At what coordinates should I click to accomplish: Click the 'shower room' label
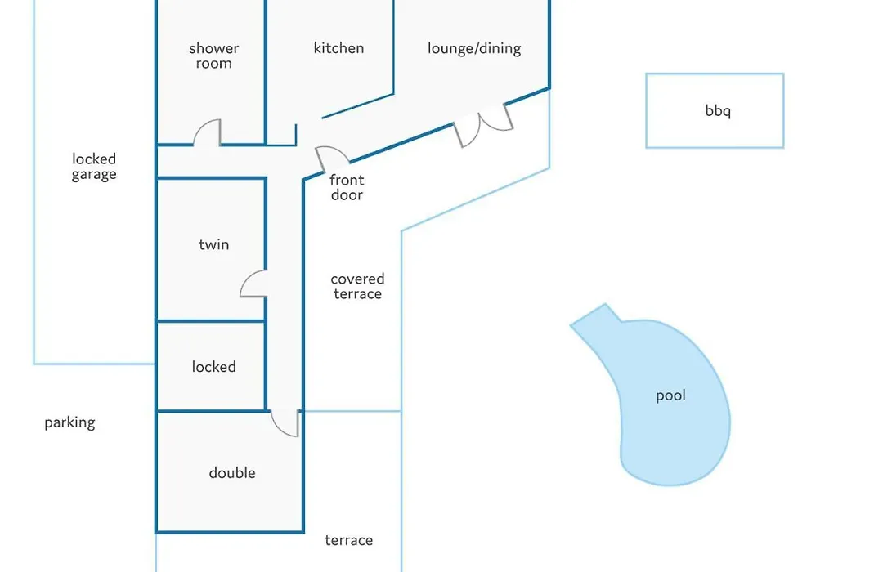point(214,56)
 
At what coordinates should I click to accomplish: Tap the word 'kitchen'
point(338,48)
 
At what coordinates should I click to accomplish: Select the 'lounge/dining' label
point(474,48)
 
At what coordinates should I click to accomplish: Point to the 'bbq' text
point(718,110)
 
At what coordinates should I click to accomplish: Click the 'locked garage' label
point(94,167)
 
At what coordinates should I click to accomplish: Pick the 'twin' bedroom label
point(214,244)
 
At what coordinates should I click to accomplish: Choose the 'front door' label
point(347,187)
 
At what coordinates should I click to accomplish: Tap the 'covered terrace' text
point(357,287)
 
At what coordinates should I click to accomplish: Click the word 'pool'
point(670,395)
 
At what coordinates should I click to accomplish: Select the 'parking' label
point(69,422)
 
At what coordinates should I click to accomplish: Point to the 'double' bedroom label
point(232,473)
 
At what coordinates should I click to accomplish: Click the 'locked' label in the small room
point(214,367)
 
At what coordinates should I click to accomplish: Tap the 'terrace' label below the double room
point(348,540)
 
